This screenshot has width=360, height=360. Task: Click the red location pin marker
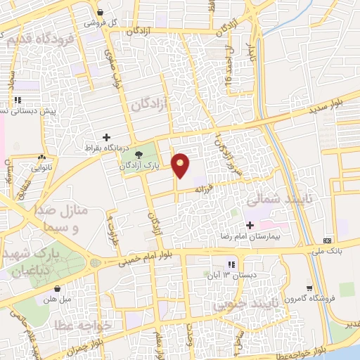tap(181, 166)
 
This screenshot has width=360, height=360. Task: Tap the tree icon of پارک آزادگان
tap(137, 155)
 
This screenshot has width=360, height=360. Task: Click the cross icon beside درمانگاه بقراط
tap(106, 137)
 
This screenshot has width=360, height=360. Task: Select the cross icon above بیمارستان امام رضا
tap(250, 224)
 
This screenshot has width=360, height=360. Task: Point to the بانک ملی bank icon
tap(328, 240)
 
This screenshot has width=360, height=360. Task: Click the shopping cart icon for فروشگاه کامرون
tap(310, 288)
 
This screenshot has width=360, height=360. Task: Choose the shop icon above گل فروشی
tap(101, 13)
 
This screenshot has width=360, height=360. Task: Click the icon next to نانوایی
tap(44, 158)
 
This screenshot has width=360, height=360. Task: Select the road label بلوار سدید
tap(326, 107)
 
